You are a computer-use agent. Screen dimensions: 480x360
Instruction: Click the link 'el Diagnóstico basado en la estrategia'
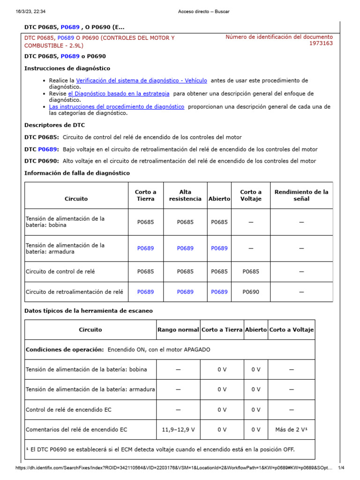point(119,94)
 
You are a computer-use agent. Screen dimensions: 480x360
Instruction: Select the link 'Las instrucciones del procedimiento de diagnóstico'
point(116,107)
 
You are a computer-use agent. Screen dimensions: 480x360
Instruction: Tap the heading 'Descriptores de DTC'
point(54,125)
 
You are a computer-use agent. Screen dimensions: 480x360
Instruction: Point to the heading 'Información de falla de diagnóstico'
point(77,173)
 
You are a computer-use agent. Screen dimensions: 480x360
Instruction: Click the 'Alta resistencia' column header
point(185,195)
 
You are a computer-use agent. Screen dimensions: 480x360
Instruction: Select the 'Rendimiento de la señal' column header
point(301,195)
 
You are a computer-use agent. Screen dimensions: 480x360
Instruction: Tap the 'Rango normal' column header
point(178,330)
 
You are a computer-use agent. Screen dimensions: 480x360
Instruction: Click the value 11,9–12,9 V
point(178,429)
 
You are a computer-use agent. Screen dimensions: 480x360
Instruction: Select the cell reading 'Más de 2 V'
point(291,429)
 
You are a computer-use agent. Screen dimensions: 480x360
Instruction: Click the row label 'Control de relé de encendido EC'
point(68,410)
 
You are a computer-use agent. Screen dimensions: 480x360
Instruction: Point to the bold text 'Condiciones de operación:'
point(64,350)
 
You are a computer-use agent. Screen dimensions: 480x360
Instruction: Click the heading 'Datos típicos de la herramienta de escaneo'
point(88,311)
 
